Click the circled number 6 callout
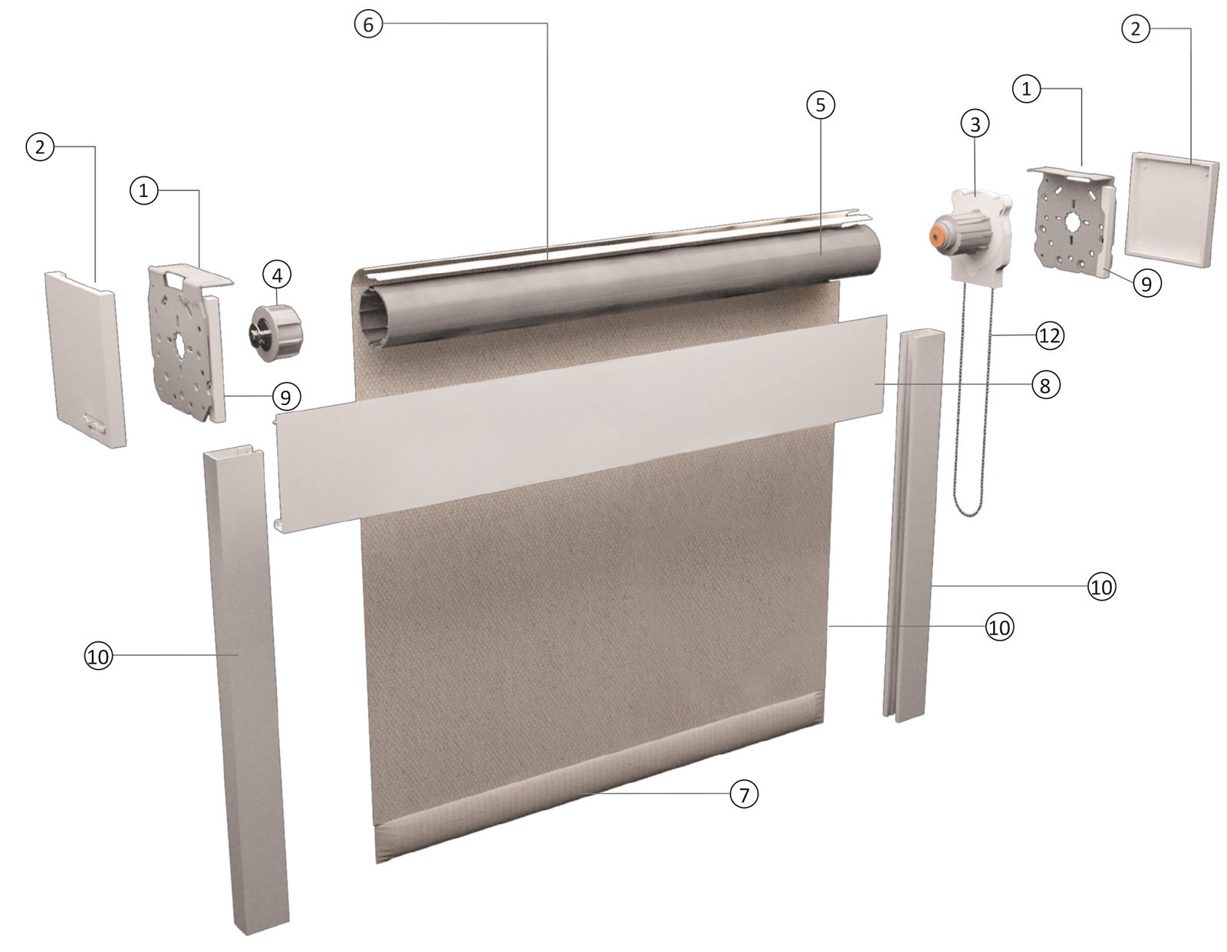click(368, 25)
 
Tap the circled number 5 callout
click(821, 105)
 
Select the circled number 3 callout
click(975, 124)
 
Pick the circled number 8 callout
click(1045, 385)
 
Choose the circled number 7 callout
click(743, 794)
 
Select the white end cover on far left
click(85, 357)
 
